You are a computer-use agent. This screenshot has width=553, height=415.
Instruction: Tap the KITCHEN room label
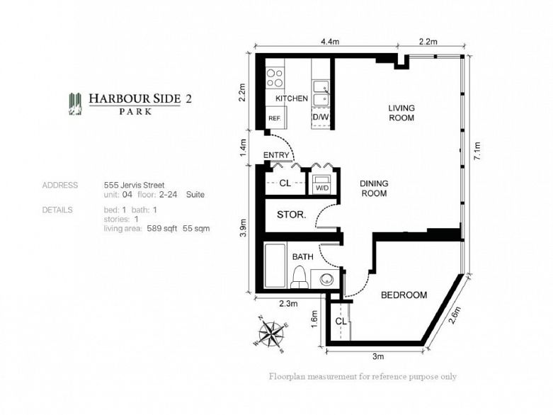click(x=292, y=98)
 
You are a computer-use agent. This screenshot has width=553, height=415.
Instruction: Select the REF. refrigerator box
click(x=276, y=118)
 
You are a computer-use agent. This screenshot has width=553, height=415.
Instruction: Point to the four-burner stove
click(x=275, y=79)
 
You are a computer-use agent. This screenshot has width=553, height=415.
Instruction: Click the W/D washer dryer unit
click(x=322, y=183)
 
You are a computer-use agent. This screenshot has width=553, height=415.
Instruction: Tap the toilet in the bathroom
click(x=300, y=277)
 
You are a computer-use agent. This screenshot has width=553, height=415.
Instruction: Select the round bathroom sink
click(x=326, y=280)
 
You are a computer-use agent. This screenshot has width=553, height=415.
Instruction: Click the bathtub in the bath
click(x=275, y=265)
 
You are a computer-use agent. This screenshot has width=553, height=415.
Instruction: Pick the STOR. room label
click(x=291, y=215)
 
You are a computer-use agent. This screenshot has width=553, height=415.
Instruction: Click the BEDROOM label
click(x=404, y=295)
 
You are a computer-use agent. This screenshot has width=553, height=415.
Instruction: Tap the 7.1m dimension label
click(x=477, y=151)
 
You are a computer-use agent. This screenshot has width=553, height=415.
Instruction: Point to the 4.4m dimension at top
click(x=330, y=42)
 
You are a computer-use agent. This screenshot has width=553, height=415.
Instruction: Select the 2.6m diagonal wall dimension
click(x=455, y=314)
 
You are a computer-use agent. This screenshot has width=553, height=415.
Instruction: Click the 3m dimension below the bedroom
click(x=378, y=356)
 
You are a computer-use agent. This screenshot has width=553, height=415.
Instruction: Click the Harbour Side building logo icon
click(x=75, y=104)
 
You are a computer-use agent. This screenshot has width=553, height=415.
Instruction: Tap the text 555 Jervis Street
click(x=134, y=185)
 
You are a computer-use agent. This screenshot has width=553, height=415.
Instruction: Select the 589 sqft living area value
click(x=162, y=229)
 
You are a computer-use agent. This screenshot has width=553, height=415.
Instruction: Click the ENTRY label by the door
click(x=276, y=155)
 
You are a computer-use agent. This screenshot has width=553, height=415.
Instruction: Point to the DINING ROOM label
click(x=374, y=188)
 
